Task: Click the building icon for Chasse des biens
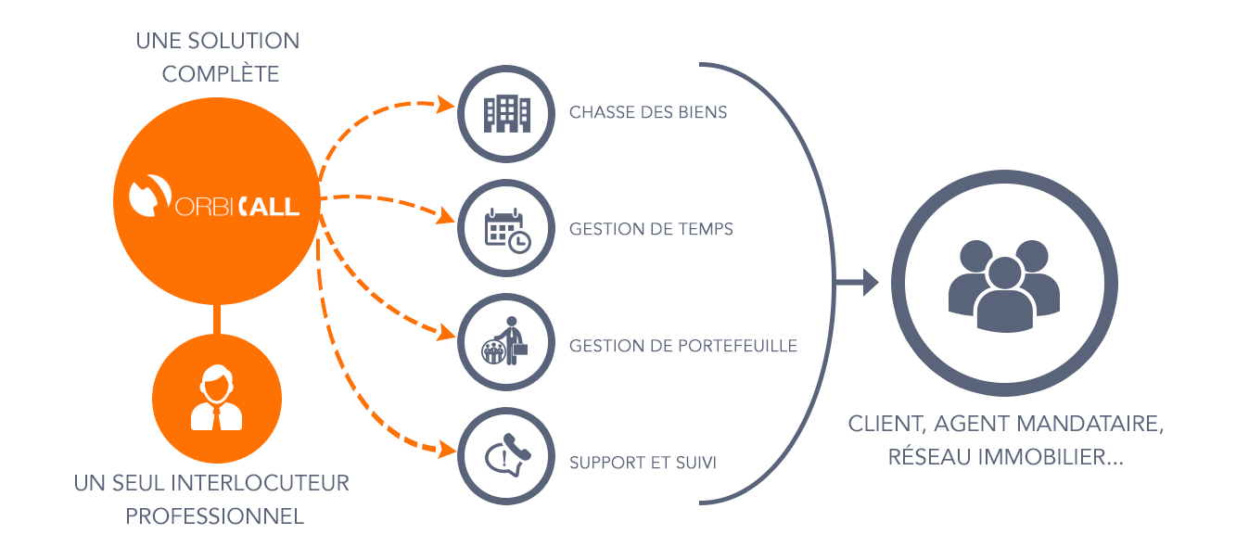[x=506, y=113]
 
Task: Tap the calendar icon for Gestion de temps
[x=507, y=229]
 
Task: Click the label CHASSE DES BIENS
[x=648, y=113]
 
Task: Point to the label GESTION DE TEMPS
[x=651, y=229]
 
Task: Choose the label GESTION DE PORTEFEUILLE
[x=683, y=346]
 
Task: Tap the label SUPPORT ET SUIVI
[x=643, y=462]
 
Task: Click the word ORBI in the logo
[x=203, y=205]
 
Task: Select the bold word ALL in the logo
[x=276, y=204]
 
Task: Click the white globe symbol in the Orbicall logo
[x=148, y=197]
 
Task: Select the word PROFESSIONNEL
[x=215, y=516]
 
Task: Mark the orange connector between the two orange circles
[x=216, y=318]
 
